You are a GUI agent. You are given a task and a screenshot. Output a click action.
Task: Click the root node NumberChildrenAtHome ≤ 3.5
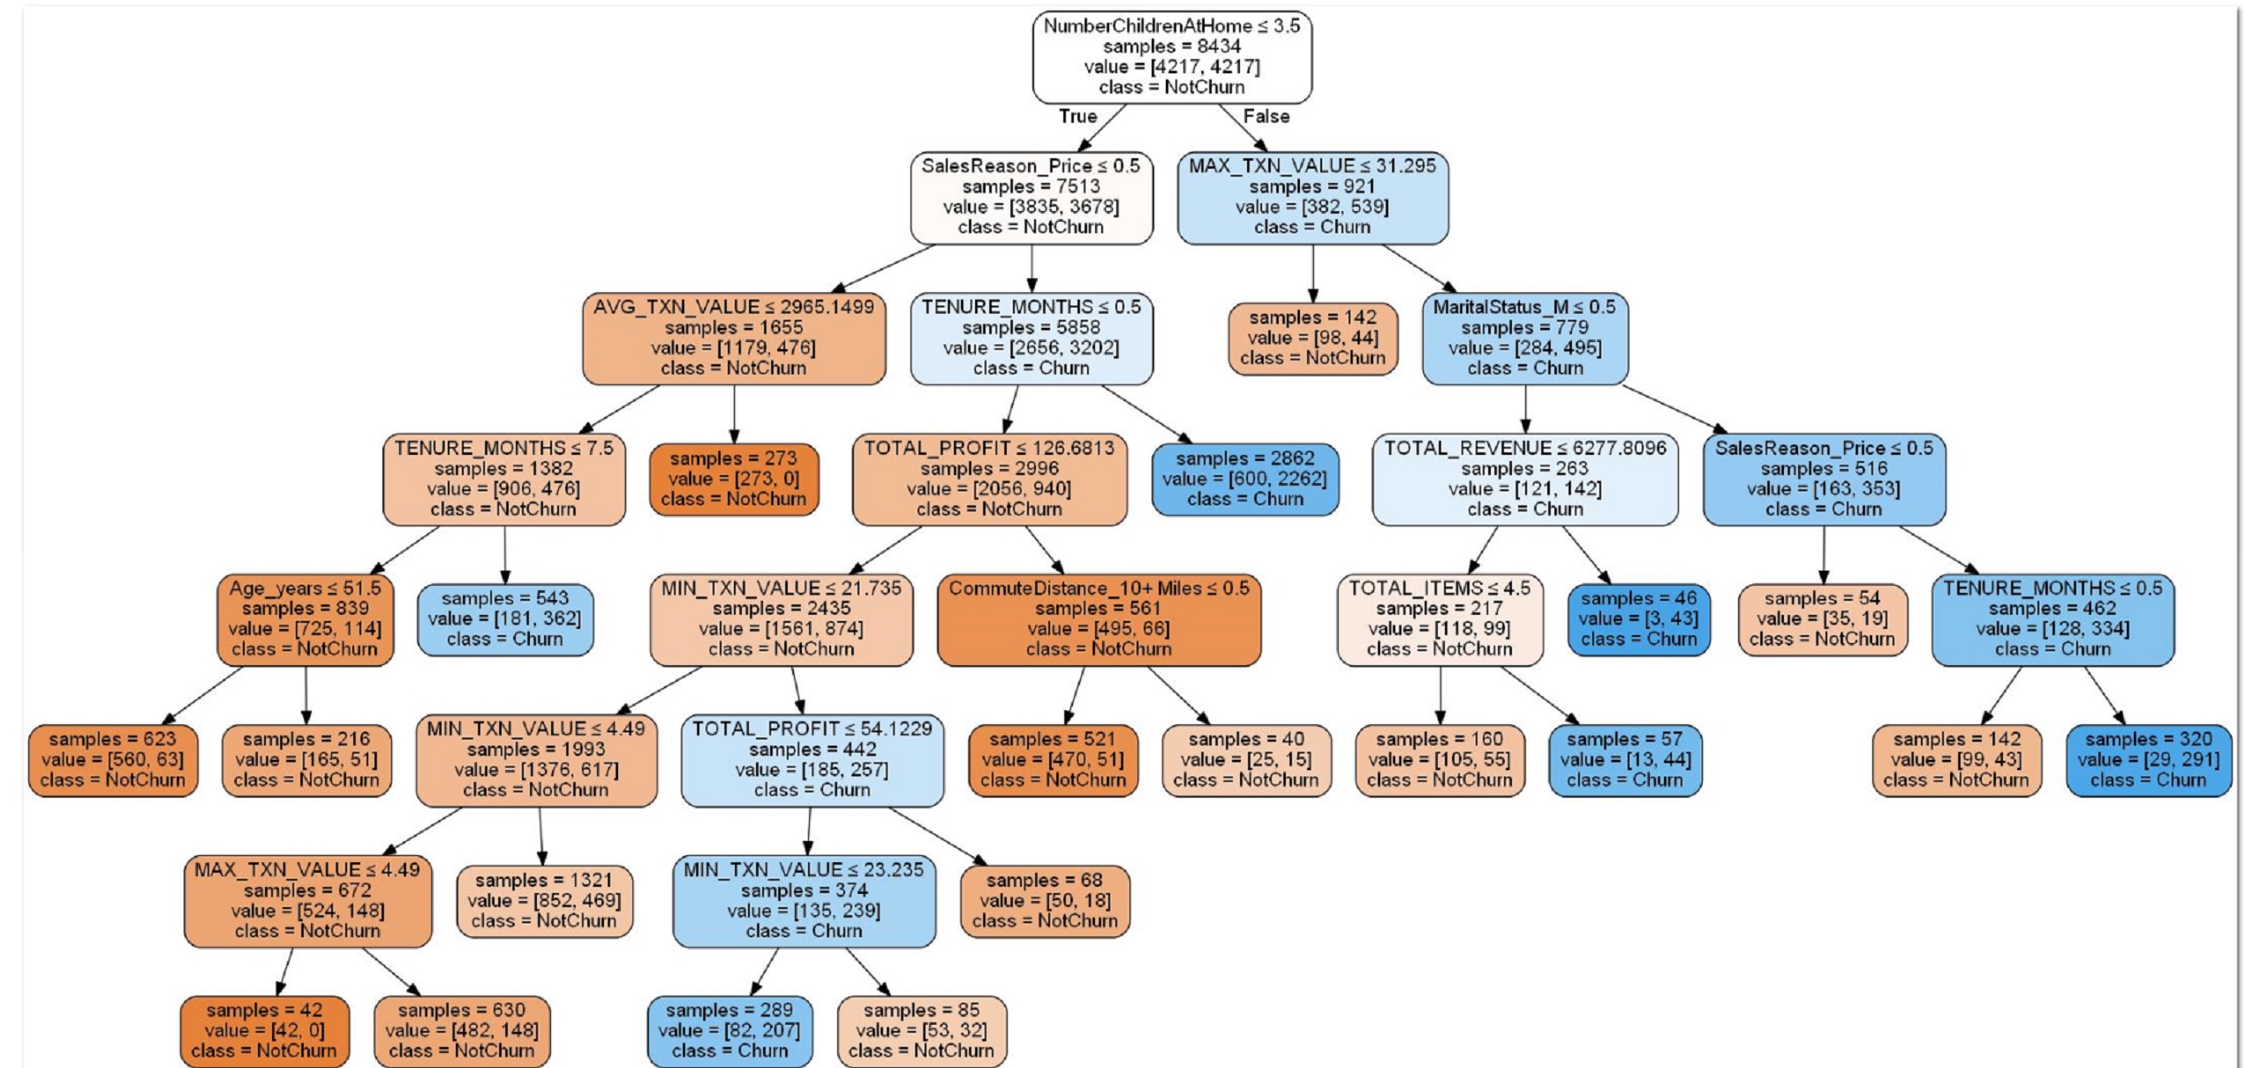pos(1172,57)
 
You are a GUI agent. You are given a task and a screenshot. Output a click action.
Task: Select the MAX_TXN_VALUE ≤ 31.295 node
pos(1312,197)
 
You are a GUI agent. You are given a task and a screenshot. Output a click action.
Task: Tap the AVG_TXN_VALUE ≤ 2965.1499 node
pos(733,338)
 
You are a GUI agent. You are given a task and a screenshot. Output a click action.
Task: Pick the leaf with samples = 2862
pos(1244,479)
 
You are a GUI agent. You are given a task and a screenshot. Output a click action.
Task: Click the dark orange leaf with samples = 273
pos(733,479)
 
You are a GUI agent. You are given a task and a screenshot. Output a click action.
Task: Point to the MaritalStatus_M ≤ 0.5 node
pos(1524,338)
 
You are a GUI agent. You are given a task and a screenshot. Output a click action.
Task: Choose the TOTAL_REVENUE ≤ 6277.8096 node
pos(1524,479)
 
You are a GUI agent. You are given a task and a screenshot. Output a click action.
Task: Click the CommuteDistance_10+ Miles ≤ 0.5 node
pos(1099,619)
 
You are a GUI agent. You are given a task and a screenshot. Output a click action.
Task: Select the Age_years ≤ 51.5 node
pos(306,619)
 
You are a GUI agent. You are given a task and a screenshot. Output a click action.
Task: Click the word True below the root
pos(1077,117)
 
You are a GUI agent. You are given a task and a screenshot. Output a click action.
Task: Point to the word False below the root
pos(1266,117)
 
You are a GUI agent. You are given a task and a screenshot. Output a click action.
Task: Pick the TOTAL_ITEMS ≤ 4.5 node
pos(1440,619)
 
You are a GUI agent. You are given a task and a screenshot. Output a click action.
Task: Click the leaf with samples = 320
pos(2148,760)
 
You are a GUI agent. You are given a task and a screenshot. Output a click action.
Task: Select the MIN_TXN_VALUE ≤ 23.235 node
pos(804,900)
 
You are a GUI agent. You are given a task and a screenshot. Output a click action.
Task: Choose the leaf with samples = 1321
pos(544,900)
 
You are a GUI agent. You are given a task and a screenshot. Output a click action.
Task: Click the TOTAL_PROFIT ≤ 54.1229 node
pos(812,760)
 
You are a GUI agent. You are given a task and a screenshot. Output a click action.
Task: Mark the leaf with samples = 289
pos(729,1031)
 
